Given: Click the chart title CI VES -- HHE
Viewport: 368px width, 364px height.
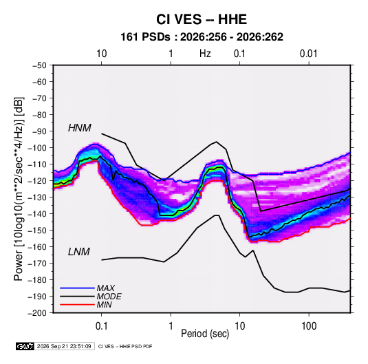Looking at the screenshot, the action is [x=202, y=19].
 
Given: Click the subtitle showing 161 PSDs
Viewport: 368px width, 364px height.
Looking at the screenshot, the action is [x=202, y=37].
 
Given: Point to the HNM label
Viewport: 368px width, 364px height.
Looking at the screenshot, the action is [x=80, y=128].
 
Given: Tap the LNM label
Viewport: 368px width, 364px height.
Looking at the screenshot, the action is [x=79, y=252].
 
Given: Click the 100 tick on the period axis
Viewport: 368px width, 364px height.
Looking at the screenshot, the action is [x=309, y=326].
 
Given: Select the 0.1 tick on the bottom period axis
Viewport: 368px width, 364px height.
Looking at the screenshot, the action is [x=101, y=326].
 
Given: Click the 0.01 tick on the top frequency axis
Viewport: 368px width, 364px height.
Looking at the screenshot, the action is [x=308, y=54].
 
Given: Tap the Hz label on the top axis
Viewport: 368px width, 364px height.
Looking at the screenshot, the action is [x=205, y=54].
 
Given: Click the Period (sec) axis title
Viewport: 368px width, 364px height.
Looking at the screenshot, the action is [x=205, y=334].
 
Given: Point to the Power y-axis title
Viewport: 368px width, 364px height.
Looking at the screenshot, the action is [x=19, y=189].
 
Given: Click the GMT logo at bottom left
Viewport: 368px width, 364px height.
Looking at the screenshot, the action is [x=25, y=346].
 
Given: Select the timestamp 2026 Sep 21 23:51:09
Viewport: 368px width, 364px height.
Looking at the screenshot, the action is [x=64, y=346].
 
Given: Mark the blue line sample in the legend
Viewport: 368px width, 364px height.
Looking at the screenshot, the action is [x=77, y=288].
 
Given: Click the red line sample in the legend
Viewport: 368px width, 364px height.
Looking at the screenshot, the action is [x=77, y=305].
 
